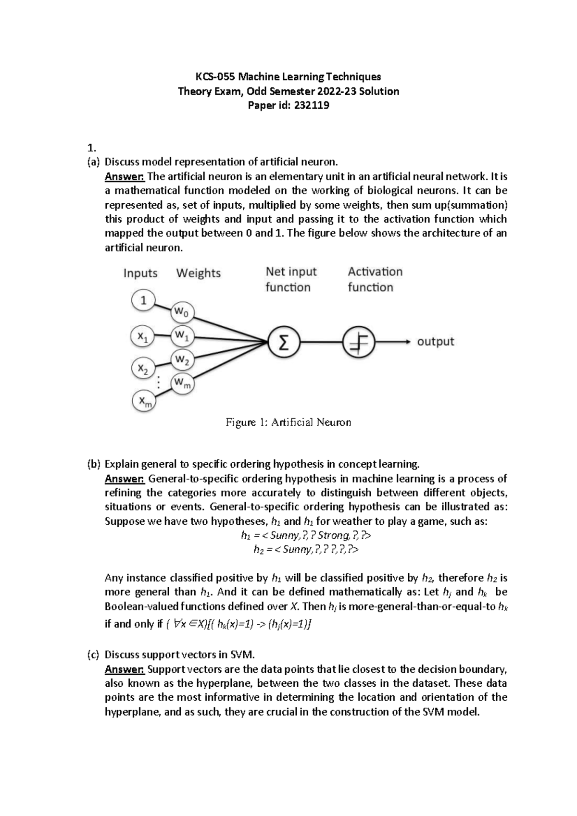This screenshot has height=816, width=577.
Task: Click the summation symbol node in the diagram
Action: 284,342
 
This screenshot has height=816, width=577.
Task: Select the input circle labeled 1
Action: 143,301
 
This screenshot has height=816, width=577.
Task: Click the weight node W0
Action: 182,313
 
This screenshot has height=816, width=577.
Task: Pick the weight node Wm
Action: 182,383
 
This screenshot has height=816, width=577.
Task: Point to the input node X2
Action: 143,369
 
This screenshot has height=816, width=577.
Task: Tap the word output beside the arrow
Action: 435,342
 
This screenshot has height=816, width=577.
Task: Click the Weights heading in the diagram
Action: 198,273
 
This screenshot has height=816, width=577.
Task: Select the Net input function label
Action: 290,279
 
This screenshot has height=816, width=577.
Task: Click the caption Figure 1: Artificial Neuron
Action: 288,422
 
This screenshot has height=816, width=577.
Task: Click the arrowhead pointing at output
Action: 408,342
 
